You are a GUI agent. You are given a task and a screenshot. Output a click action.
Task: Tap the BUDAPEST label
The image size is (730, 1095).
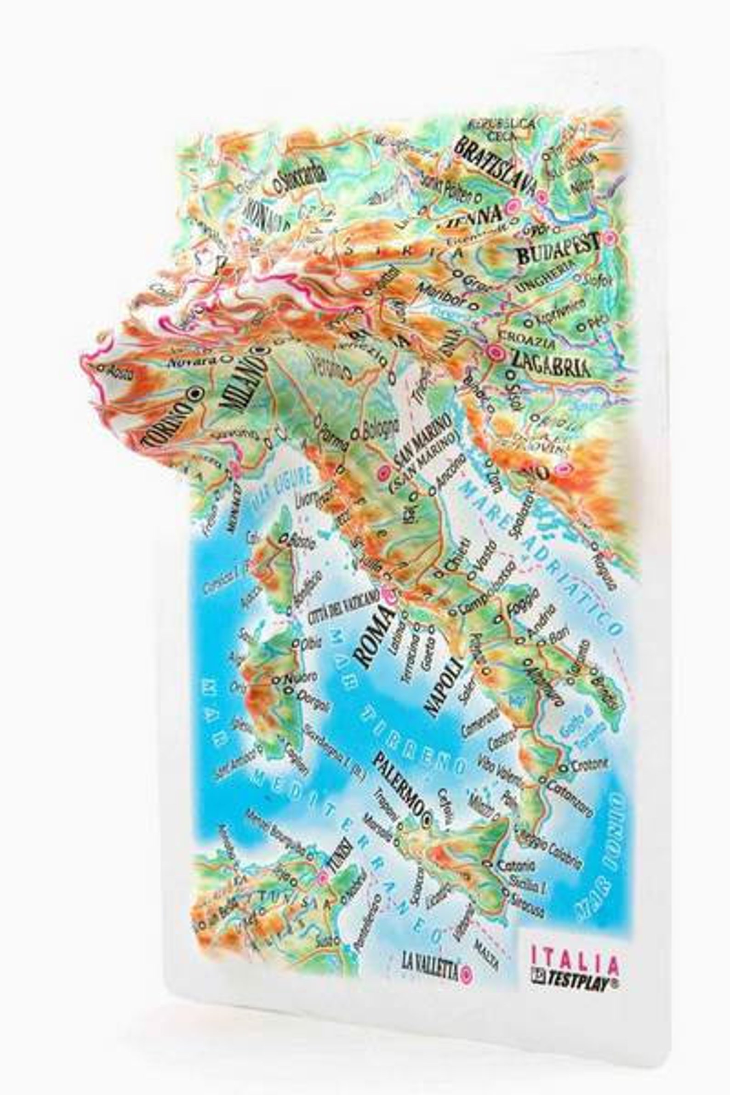pyautogui.click(x=558, y=248)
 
